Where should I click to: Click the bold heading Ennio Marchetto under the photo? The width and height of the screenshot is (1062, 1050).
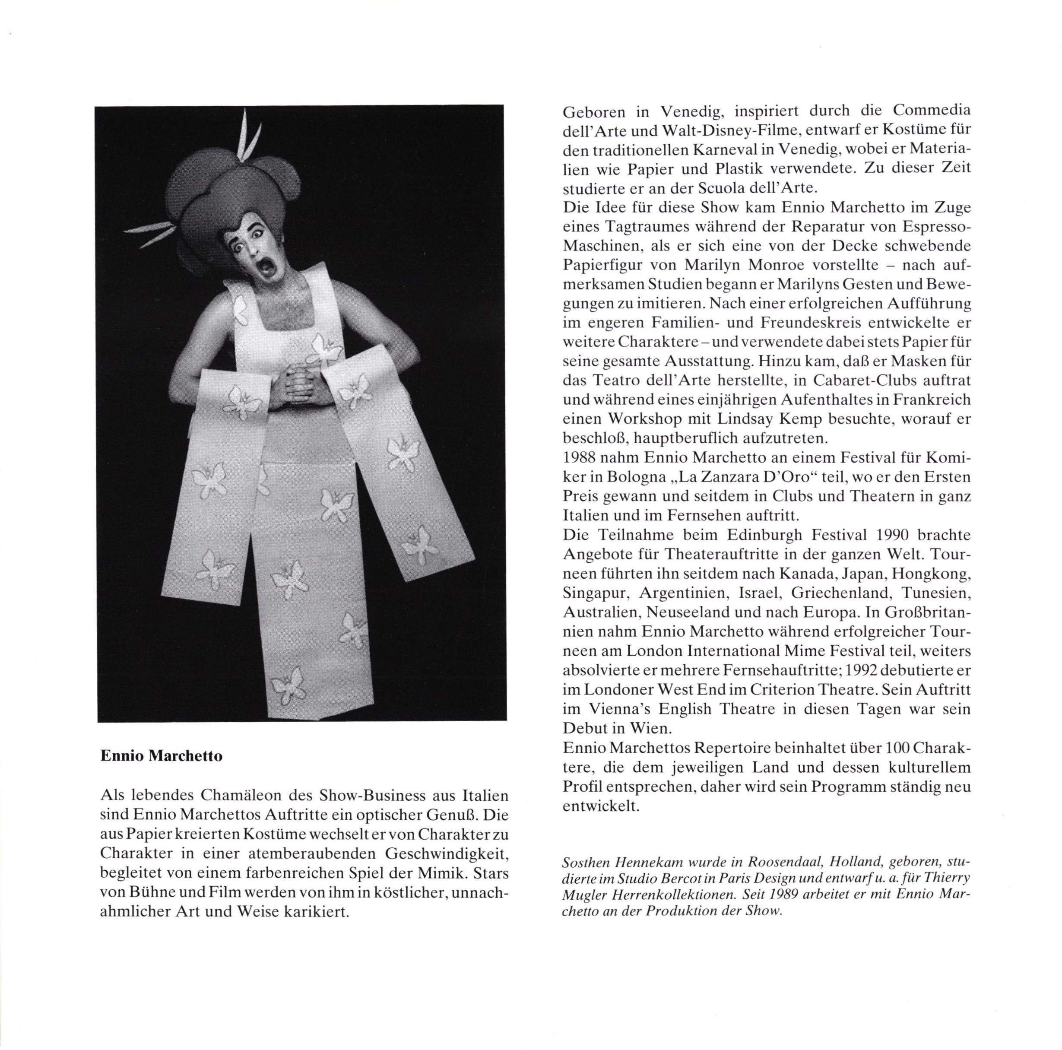(x=162, y=756)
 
